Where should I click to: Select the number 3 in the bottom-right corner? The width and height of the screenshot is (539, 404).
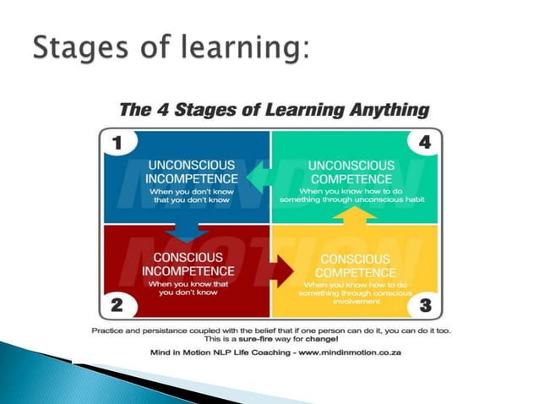point(426,303)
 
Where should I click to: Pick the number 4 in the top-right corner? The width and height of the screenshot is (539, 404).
point(425,143)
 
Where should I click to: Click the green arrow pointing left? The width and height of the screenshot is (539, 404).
point(259,178)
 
